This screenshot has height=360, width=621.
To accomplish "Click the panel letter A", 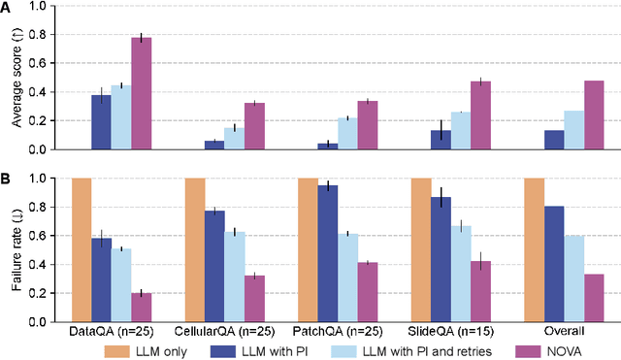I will coord(7,9).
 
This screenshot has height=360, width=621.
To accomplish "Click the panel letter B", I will coord(7,179).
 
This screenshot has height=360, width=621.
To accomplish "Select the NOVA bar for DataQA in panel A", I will coord(142,93).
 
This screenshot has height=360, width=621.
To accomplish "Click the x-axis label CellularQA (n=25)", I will coord(224,332).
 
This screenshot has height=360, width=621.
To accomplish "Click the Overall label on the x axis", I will coord(564,332).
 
